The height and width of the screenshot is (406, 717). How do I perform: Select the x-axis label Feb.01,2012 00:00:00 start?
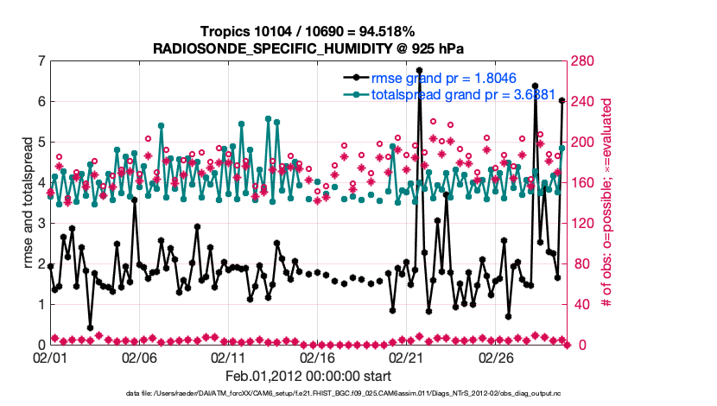click(x=308, y=376)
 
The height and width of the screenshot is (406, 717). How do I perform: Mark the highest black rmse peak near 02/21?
click(x=419, y=70)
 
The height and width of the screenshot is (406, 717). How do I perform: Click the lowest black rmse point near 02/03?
click(x=90, y=327)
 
